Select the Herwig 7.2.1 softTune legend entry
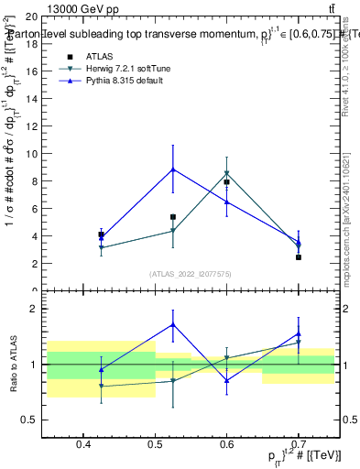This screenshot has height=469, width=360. click(x=128, y=69)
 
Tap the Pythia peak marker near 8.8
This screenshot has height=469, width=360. click(x=173, y=169)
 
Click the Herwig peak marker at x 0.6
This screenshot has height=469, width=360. click(x=226, y=173)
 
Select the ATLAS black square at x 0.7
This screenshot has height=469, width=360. click(x=299, y=257)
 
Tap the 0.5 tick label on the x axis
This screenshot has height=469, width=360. click(x=155, y=445)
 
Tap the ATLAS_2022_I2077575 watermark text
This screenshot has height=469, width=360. click(x=191, y=273)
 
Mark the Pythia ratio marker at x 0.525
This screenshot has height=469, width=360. click(x=173, y=324)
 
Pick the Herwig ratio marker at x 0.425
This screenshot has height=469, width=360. click(x=101, y=387)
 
